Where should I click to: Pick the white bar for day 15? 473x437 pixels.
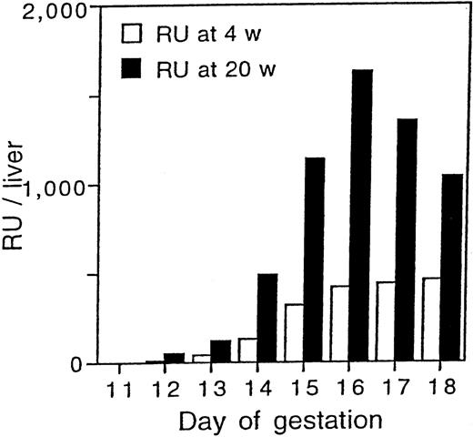pos(293,334)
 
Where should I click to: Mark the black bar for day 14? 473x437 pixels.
pos(267,319)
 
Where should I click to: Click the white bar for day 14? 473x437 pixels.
pos(246,351)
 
